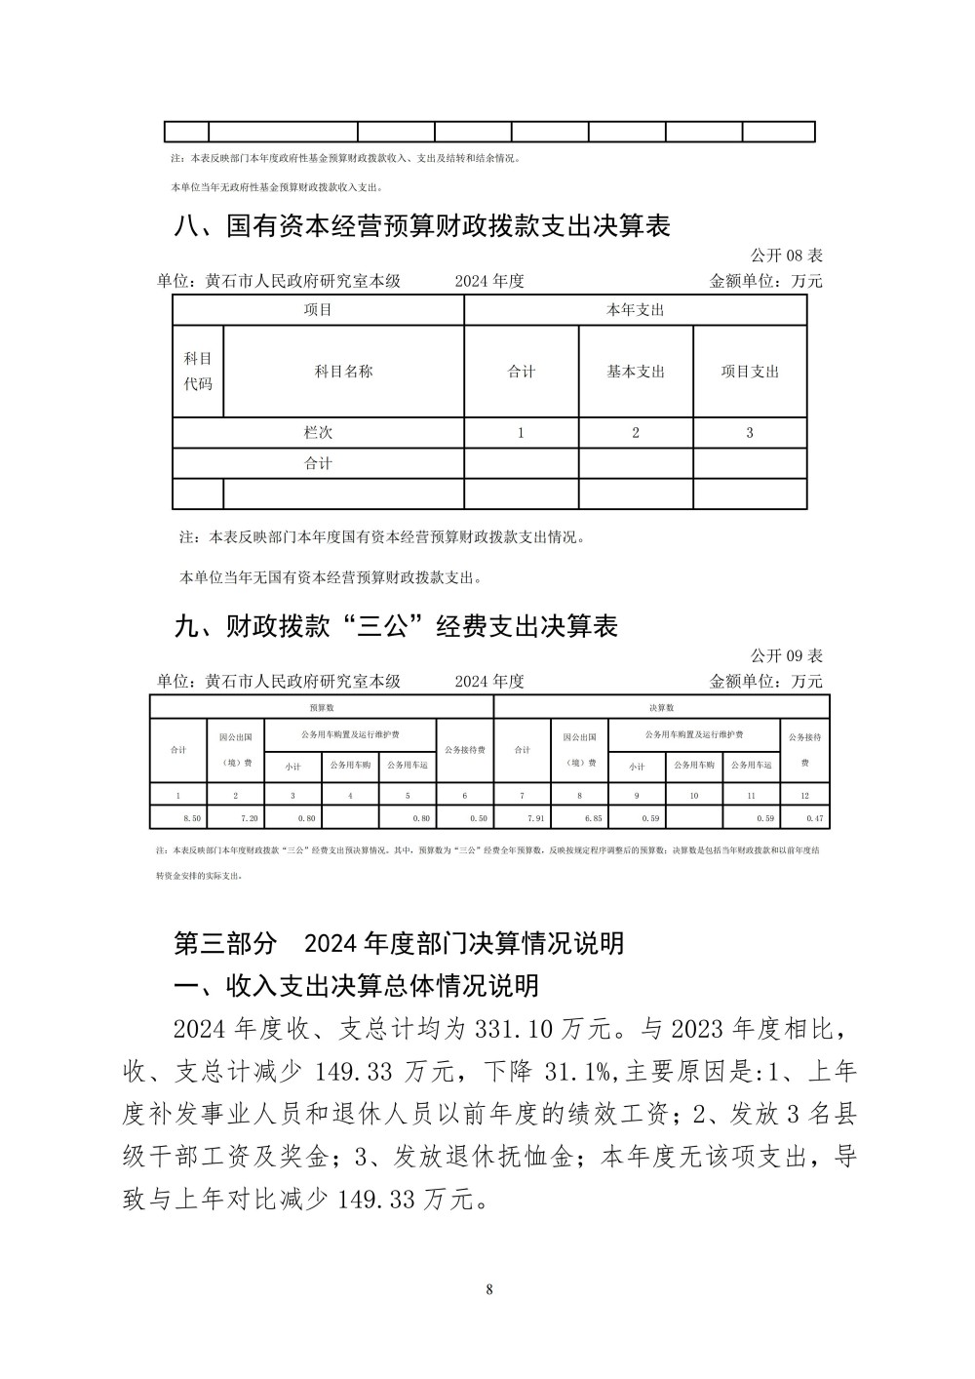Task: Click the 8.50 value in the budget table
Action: pyautogui.click(x=192, y=819)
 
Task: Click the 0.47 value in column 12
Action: pyautogui.click(x=815, y=819)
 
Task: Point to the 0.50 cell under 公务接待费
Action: pyautogui.click(x=479, y=819)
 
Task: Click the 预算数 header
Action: pyautogui.click(x=322, y=708)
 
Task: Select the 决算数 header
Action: pyautogui.click(x=662, y=708)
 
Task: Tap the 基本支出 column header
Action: pyautogui.click(x=636, y=372)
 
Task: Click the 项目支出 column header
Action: pyautogui.click(x=750, y=372)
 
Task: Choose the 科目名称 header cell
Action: pyautogui.click(x=343, y=372)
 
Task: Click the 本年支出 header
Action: pyautogui.click(x=636, y=310)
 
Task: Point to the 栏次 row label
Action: pyautogui.click(x=318, y=433)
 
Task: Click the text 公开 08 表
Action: pyautogui.click(x=787, y=256)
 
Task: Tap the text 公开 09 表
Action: pyautogui.click(x=787, y=655)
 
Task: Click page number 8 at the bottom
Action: pyautogui.click(x=488, y=1290)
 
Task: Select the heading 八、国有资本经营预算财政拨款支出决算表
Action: pyautogui.click(x=422, y=226)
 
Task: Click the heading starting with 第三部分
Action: pyautogui.click(x=399, y=943)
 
